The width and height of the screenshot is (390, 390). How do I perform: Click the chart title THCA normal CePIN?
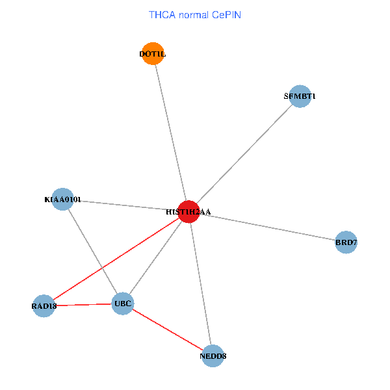coord(195,15)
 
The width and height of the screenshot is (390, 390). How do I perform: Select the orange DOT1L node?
coord(153,53)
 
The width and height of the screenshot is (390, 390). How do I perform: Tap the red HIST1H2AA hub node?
coord(188,212)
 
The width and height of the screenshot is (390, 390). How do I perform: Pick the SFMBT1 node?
coord(300,96)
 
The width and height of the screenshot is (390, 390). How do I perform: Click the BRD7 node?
coord(346,242)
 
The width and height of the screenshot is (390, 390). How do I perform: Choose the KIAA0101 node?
coord(62,200)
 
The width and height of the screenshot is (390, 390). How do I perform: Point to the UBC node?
coord(123,304)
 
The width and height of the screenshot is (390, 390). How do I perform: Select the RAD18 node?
coord(44,306)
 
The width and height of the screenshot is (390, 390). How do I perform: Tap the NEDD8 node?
coord(213,356)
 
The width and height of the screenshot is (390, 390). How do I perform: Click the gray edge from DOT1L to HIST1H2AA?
coord(170,133)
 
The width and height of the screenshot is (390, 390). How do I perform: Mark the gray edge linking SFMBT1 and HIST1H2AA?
coord(244,154)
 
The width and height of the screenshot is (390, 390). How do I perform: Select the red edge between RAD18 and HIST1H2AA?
coord(116,259)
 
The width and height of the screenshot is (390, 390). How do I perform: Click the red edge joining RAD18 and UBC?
coord(83,305)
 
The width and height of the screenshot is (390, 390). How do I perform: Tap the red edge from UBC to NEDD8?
coord(168,330)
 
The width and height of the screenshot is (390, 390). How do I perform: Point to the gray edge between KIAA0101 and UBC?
coord(92,252)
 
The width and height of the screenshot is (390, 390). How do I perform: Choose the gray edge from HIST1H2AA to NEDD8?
coord(200,284)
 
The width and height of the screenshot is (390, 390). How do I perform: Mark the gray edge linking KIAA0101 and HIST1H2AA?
coord(125,205)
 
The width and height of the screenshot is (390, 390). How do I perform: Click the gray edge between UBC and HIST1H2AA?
coord(156,257)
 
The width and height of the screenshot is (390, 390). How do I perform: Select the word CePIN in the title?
coord(227,15)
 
